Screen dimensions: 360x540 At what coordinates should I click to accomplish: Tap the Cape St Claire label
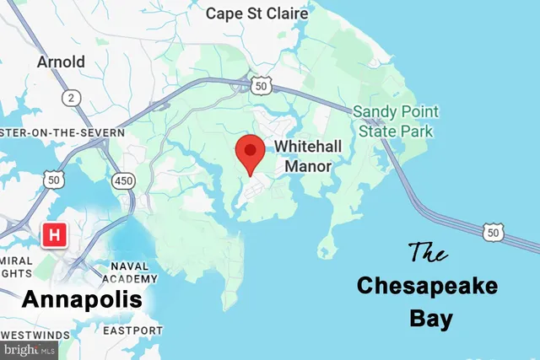point(251,13)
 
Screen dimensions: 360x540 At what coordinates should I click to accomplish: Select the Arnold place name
point(61,62)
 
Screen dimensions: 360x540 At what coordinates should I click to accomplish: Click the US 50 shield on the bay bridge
point(494,230)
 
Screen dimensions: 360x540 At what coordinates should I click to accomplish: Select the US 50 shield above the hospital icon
point(55,179)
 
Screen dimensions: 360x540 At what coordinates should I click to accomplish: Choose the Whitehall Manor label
point(307,156)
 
